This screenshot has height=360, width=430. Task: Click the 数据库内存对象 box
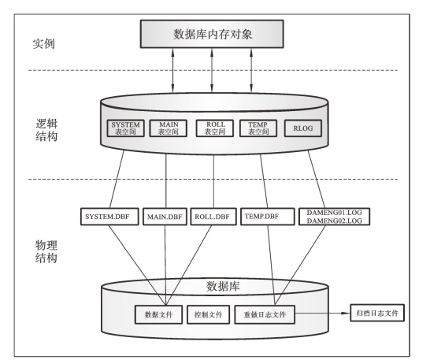(x=212, y=34)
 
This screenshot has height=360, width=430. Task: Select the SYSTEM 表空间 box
(x=125, y=128)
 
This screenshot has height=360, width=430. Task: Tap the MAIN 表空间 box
(x=168, y=128)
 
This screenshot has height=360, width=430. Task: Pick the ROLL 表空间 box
(x=215, y=128)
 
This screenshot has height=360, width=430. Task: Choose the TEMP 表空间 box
(x=258, y=128)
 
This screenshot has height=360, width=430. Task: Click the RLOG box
(x=303, y=128)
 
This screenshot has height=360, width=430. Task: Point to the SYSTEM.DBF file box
(x=109, y=217)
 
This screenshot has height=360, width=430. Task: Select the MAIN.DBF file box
(x=165, y=217)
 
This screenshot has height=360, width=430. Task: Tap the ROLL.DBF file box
(x=213, y=217)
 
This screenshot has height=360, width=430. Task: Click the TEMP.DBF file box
(x=268, y=217)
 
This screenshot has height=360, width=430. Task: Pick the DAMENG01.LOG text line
(x=334, y=213)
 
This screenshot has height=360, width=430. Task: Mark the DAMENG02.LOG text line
(x=334, y=221)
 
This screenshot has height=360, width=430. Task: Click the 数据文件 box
(x=158, y=314)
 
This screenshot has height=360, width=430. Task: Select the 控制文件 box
(x=208, y=314)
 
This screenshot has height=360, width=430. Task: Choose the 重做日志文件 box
(x=265, y=314)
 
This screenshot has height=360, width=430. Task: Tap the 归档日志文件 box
(x=377, y=313)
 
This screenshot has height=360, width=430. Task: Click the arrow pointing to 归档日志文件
(x=323, y=313)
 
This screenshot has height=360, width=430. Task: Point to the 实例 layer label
(x=44, y=43)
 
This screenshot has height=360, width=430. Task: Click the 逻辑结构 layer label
(x=46, y=130)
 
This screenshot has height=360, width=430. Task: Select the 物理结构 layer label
(x=46, y=251)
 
